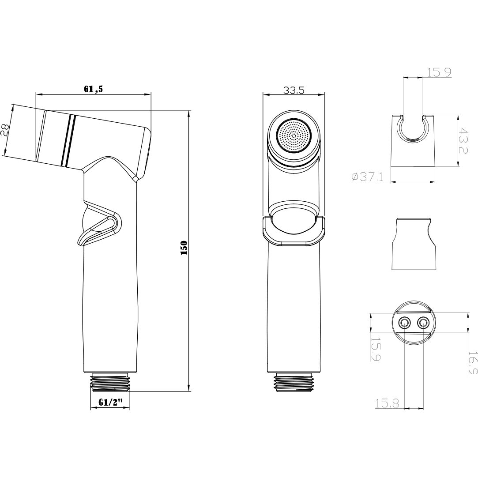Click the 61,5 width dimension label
[93, 89]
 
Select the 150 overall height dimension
[184, 249]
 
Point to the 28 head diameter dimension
[5, 131]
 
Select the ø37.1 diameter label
[367, 177]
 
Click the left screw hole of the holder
[404, 324]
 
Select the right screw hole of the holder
[423, 324]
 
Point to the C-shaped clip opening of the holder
[414, 128]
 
